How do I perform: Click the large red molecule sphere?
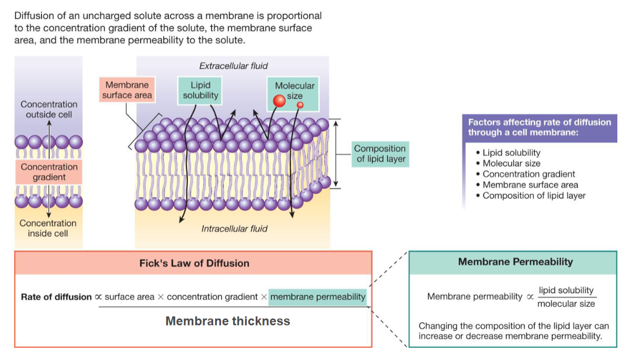(280, 101)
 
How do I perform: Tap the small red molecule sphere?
(300, 105)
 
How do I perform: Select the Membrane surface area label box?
(127, 90)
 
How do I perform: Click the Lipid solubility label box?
(200, 90)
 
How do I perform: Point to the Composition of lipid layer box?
(380, 154)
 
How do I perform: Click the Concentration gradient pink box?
(49, 172)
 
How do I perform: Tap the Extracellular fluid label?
(233, 66)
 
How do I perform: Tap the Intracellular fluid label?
(234, 229)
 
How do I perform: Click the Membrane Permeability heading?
(515, 262)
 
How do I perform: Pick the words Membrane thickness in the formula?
(227, 321)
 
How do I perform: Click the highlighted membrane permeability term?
(318, 297)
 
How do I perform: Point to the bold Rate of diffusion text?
(56, 297)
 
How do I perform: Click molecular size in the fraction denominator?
(566, 304)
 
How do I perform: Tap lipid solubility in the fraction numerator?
(566, 290)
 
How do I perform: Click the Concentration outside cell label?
(49, 109)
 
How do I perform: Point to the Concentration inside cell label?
(48, 228)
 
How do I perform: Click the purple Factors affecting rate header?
(539, 128)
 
